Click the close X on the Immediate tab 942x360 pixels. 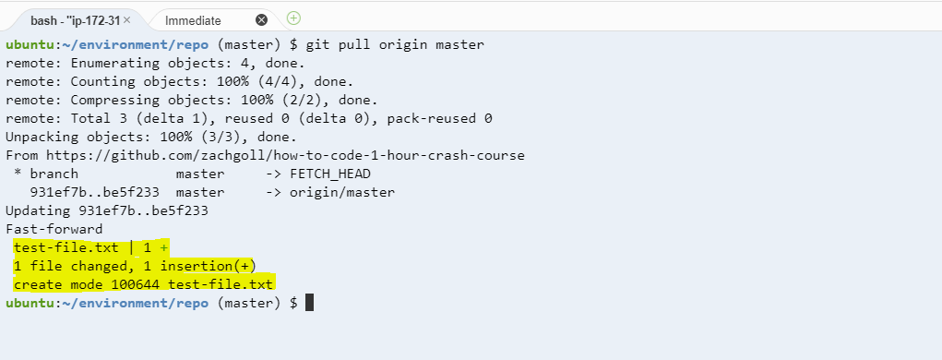click(x=261, y=19)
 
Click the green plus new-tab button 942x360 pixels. click(x=293, y=18)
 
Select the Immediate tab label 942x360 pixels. click(x=193, y=20)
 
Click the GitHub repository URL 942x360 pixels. click(x=285, y=155)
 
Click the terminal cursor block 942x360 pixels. click(x=310, y=303)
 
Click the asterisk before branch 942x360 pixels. click(x=18, y=174)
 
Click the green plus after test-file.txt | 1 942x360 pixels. click(x=164, y=247)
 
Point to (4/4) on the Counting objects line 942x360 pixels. click(x=223, y=81)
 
